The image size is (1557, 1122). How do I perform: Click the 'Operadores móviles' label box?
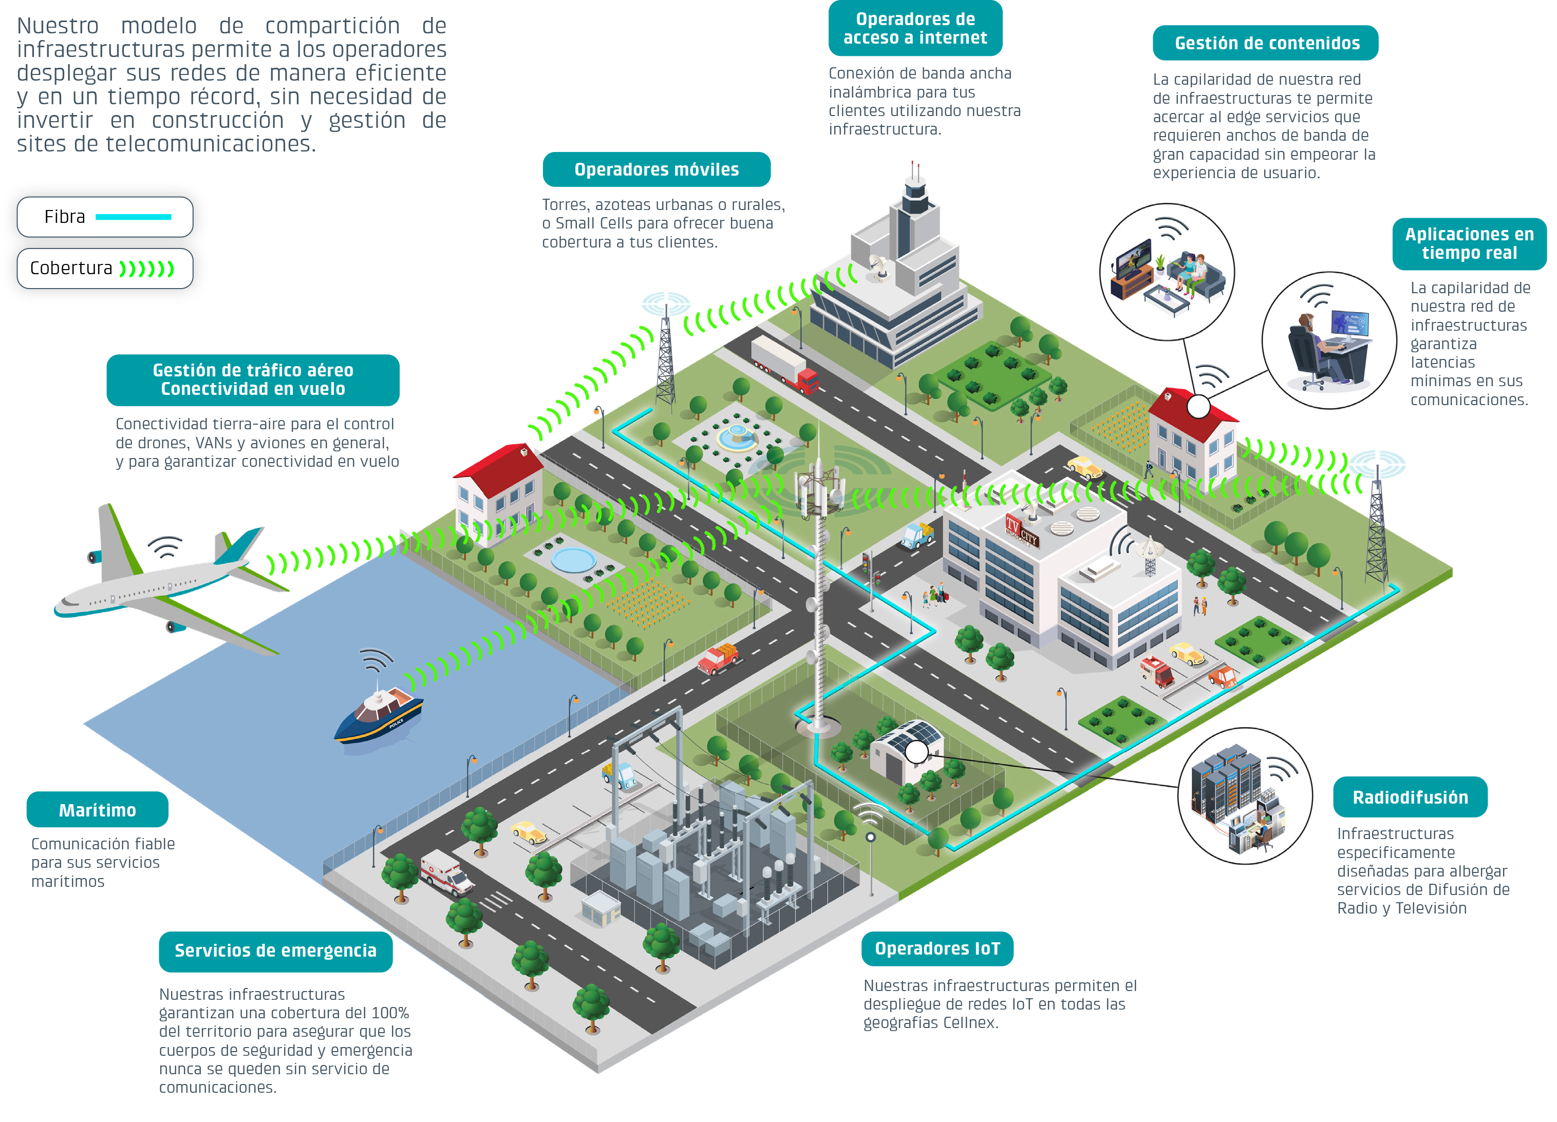pos(656,169)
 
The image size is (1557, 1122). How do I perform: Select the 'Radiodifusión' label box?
pos(1410,797)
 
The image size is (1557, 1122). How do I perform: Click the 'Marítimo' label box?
pos(98,810)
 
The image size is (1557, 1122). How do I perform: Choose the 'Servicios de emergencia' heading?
pos(275,951)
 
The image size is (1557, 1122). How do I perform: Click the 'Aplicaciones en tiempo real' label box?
pos(1469,243)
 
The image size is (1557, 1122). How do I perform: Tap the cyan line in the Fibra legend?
pos(133,217)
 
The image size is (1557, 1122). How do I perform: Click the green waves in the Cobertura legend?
pos(147,269)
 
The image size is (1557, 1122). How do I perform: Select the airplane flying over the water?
pos(172,577)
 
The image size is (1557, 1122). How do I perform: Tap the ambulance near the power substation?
pos(446,872)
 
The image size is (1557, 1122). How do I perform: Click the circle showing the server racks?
pos(1245,796)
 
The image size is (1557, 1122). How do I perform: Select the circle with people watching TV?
pos(1167,272)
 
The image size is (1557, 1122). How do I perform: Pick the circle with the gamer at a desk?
pos(1329,340)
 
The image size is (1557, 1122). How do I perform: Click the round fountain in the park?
pos(737,436)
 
